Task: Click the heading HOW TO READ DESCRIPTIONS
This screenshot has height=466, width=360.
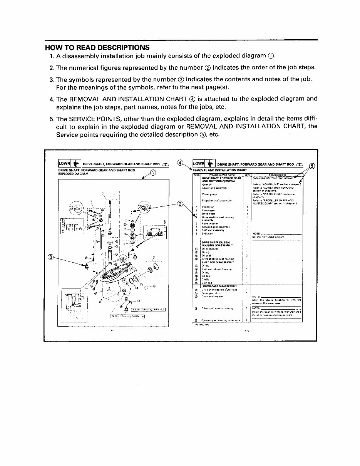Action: [97, 48]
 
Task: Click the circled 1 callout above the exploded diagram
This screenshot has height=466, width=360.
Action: [153, 173]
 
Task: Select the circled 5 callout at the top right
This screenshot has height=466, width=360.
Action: [312, 166]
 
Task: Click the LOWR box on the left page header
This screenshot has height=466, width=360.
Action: [64, 164]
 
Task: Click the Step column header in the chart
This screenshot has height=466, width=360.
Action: [196, 175]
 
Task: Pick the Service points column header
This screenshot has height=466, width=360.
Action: [276, 175]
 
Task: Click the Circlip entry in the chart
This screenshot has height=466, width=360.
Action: [206, 279]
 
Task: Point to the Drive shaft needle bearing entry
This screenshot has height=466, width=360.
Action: [218, 308]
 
